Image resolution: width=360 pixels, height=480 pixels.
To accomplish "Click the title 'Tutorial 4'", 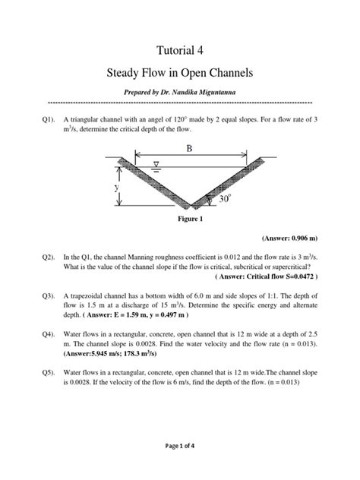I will [x=180, y=50].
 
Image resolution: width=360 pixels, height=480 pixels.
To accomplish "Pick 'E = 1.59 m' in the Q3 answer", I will [x=124, y=314].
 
